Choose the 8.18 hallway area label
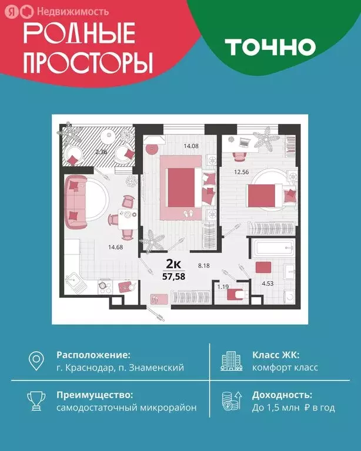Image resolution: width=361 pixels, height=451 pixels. (x=220, y=265)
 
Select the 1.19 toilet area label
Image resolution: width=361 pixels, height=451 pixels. (x=222, y=287)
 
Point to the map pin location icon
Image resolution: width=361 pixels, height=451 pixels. (x=36, y=361)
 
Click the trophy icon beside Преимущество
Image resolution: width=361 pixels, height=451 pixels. (x=36, y=400)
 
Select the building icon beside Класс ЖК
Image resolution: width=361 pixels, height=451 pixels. (x=230, y=361)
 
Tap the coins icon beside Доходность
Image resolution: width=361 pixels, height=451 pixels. (x=230, y=400)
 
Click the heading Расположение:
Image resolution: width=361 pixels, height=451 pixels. (x=93, y=355)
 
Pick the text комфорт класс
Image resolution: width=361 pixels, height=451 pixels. (x=285, y=368)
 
